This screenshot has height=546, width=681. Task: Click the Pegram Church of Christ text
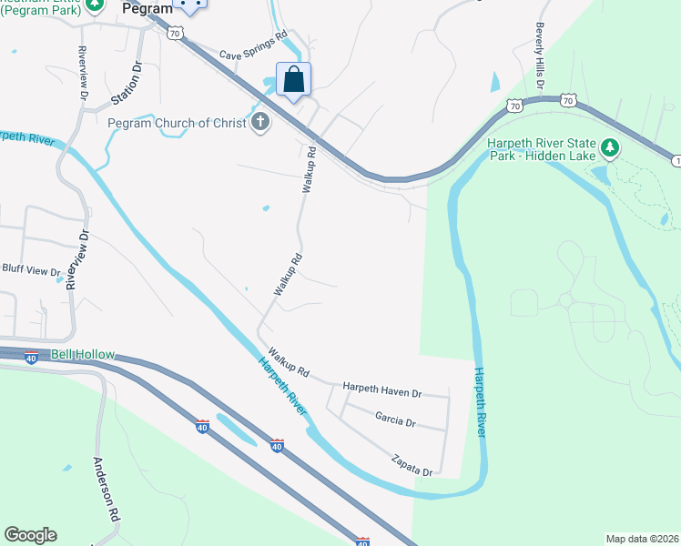[x=177, y=123]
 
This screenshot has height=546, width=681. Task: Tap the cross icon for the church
[x=261, y=122]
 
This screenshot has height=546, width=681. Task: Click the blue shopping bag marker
[x=293, y=80]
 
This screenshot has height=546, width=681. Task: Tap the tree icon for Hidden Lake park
[x=609, y=147]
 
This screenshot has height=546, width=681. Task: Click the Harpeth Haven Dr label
[x=382, y=389]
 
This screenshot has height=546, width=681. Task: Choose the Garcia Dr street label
[x=395, y=420]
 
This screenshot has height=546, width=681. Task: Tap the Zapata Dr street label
[x=412, y=466]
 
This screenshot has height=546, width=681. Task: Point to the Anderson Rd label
[x=106, y=487]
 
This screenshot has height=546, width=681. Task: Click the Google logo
[x=30, y=535]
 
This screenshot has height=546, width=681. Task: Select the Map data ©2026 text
[x=642, y=539]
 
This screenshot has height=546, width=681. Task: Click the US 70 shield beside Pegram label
[x=176, y=32]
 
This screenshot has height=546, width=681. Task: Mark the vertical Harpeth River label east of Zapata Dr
[x=480, y=401]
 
